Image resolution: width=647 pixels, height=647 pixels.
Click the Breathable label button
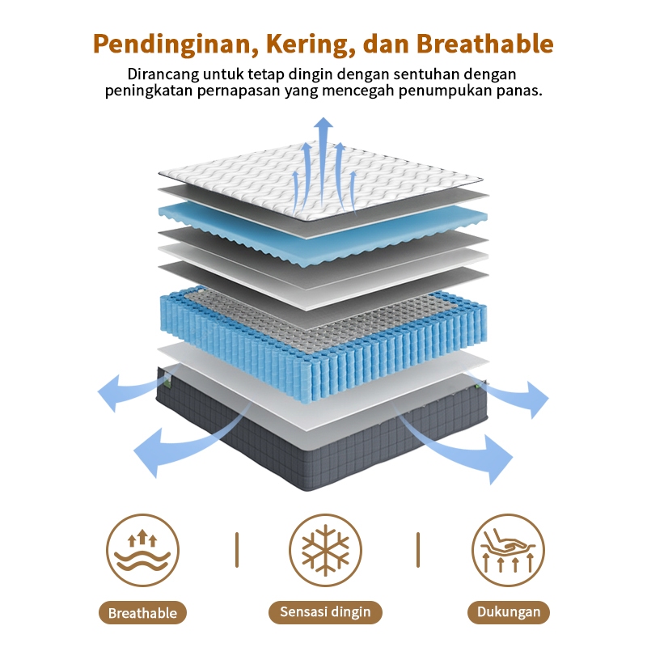[142, 612]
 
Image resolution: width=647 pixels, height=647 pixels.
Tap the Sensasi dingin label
[324, 611]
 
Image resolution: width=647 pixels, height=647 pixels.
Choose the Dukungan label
[508, 611]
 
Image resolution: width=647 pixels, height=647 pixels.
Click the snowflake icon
[325, 550]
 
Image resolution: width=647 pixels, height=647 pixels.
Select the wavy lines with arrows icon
[142, 550]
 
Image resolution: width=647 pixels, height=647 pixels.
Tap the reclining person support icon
[508, 550]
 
